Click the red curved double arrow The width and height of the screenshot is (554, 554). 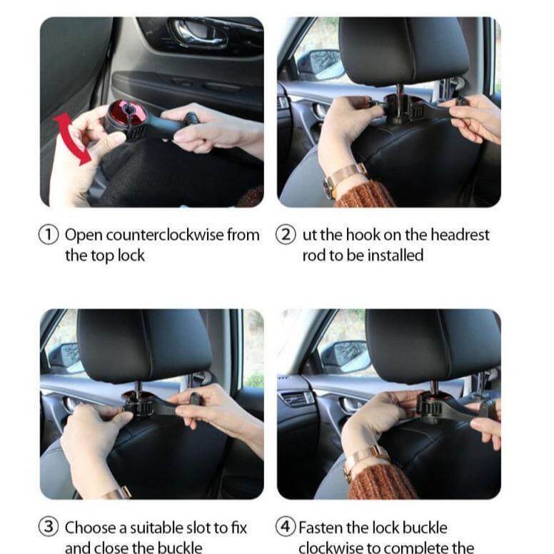click(70, 137)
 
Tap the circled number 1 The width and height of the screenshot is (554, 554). click(49, 236)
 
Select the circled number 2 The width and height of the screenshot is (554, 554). click(286, 236)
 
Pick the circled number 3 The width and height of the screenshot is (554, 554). click(49, 527)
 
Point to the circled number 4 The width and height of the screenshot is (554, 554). click(286, 527)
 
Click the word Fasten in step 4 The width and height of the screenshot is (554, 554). click(321, 528)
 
